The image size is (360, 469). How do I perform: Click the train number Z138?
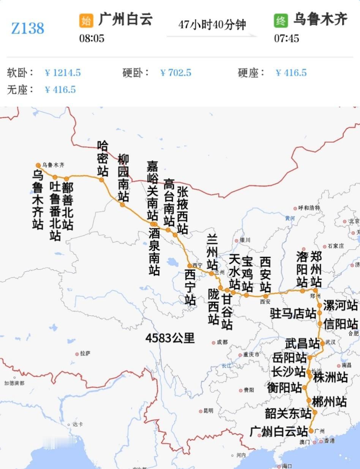[28, 28]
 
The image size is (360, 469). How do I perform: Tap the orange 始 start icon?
[86, 21]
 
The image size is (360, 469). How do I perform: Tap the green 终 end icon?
[281, 21]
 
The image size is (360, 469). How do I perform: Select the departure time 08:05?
[92, 38]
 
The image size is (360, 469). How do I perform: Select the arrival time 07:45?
[287, 38]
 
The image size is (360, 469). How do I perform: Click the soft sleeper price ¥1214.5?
[63, 73]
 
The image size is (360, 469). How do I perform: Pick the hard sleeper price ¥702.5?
[176, 73]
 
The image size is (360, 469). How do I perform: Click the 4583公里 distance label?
[170, 338]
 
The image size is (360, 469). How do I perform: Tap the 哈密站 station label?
[103, 158]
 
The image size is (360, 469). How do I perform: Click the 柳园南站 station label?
[123, 177]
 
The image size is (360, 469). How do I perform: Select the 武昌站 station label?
[303, 343]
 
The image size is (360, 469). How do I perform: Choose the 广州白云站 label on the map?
[279, 431]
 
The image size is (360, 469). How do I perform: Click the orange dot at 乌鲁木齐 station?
[38, 165]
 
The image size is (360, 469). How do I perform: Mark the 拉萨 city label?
[85, 354]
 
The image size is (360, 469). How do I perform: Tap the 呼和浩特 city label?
[309, 208]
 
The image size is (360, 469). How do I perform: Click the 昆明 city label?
[208, 411]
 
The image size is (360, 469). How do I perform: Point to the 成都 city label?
[222, 342]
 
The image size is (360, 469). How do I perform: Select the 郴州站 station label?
[329, 401]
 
